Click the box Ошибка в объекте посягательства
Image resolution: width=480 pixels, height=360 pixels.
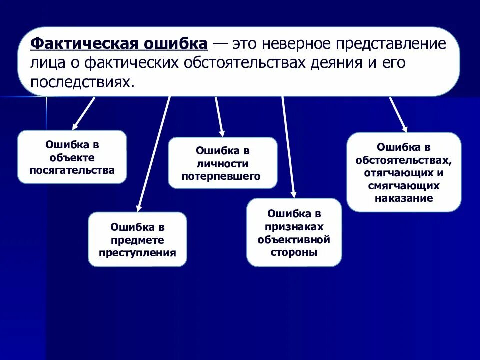72,157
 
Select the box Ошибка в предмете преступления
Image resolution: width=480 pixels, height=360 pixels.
137,239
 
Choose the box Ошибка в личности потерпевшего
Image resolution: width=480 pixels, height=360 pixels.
222,163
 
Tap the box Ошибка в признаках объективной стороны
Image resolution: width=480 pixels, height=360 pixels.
294,232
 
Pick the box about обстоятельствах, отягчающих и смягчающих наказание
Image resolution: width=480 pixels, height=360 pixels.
404,172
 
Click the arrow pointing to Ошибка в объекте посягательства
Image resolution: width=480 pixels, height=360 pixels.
84,113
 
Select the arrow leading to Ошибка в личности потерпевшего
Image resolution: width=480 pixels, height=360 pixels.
219,116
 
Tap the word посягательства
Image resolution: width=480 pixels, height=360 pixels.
72,170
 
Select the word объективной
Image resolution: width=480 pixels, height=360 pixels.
294,239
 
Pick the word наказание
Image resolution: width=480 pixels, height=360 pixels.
403,198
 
